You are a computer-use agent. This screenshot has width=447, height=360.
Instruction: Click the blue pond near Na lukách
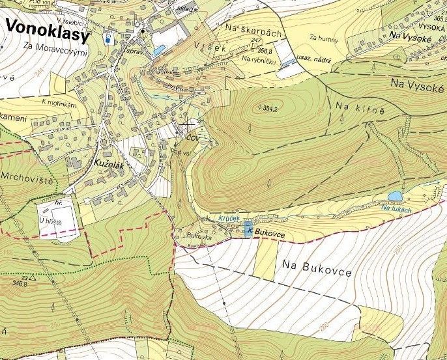(x=395, y=195)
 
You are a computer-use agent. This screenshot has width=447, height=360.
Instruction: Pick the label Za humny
(x=324, y=38)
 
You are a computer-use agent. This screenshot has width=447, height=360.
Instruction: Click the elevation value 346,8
(x=20, y=283)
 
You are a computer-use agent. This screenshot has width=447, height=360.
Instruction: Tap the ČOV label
(x=192, y=138)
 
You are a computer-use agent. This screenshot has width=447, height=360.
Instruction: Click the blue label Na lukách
(x=397, y=208)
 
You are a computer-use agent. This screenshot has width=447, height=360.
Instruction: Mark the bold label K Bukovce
(x=268, y=231)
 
